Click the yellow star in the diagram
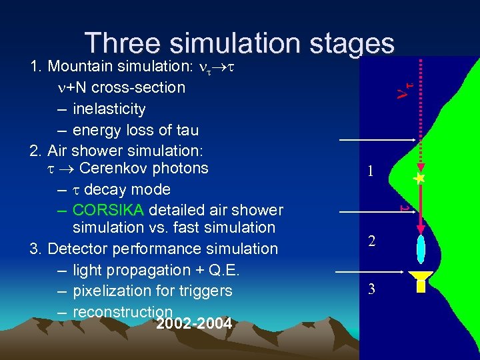click(x=419, y=179)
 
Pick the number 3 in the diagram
click(x=372, y=289)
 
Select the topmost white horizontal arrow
click(x=377, y=140)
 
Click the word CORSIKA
click(x=108, y=210)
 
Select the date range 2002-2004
click(x=193, y=325)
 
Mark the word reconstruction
click(x=123, y=312)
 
